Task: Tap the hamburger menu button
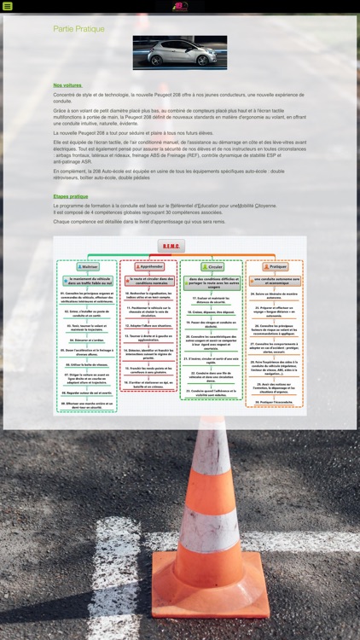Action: tap(8, 6)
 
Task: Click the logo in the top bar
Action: tap(180, 6)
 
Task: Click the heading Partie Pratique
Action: tap(78, 29)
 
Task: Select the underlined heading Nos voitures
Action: tap(67, 85)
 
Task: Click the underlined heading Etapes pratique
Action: tap(71, 196)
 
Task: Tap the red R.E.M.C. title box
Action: tap(171, 246)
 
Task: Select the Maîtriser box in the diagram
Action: tap(85, 266)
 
